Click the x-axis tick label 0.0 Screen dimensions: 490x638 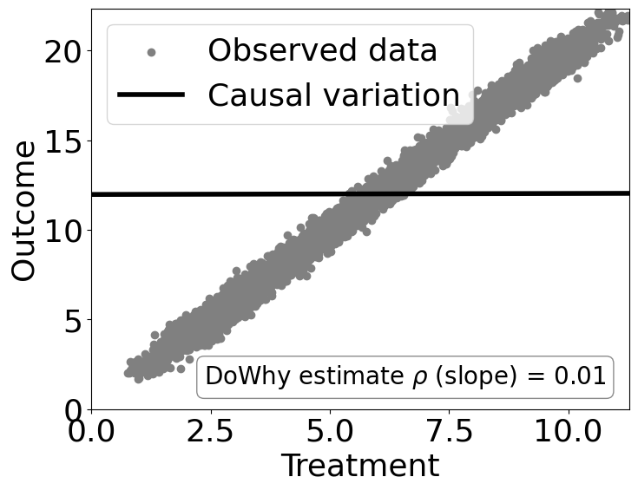tap(90, 432)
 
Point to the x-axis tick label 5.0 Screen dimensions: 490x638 tap(330, 432)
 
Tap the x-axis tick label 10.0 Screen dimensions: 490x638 tap(569, 432)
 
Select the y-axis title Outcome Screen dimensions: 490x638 tap(24, 210)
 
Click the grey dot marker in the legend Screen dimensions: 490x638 tap(151, 53)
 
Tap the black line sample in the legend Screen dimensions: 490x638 tap(151, 95)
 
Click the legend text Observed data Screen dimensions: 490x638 tap(322, 51)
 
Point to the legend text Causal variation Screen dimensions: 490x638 tap(333, 95)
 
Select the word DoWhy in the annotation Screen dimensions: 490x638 tap(238, 377)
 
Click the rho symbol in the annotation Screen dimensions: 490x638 tap(400, 379)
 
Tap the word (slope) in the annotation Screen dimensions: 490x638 tap(457, 377)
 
